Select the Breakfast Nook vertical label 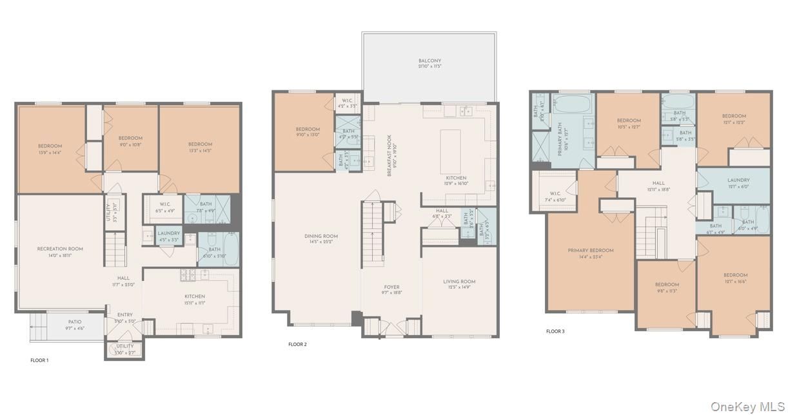pyautogui.click(x=389, y=155)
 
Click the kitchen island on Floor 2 pyautogui.click(x=451, y=150)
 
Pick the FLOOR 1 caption pyautogui.click(x=39, y=360)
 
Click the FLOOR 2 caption pyautogui.click(x=297, y=345)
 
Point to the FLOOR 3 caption pyautogui.click(x=555, y=331)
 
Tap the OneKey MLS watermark pyautogui.click(x=747, y=407)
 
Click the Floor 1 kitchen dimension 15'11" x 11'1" pyautogui.click(x=195, y=303)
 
